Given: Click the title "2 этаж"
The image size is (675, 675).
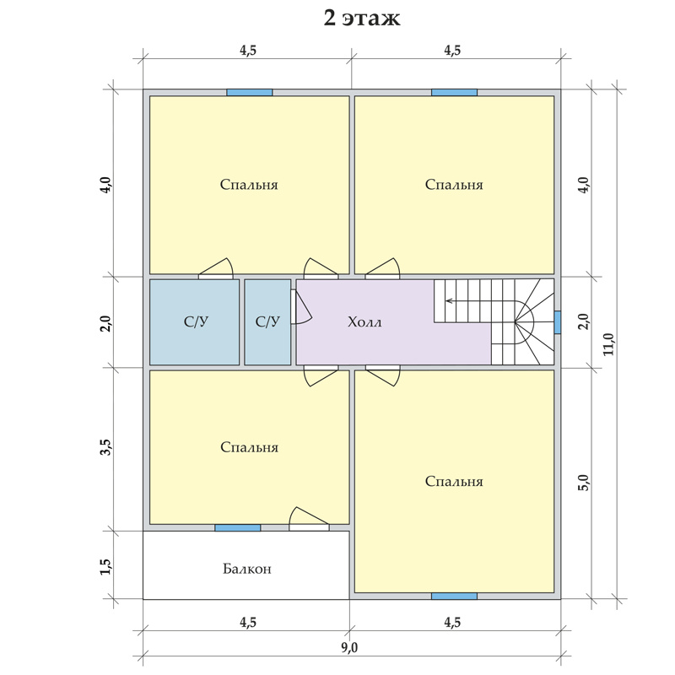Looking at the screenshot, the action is coord(362,18).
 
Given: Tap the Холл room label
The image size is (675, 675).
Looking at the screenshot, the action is coord(364,322).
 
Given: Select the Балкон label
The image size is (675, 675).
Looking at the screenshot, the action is coord(247,569).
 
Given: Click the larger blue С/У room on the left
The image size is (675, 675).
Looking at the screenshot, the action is coord(195,322).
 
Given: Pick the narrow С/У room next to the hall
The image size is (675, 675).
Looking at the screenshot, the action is coord(267,322).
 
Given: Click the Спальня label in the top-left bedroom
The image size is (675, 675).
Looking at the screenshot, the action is coord(249,185).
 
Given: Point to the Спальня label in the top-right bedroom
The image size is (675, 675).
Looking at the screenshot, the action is coord(454,185).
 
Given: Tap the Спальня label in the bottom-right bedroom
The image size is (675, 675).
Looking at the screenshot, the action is coord(454,481).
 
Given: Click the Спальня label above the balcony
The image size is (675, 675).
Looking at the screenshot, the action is coord(249,447).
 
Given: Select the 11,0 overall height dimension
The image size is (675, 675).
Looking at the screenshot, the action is coord(609,344).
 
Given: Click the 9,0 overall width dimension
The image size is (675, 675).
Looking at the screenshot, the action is coord(349,647).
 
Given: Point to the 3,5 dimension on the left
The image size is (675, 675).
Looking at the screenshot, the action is coord(106,447).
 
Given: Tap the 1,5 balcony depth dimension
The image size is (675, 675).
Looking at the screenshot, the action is coord(106,566).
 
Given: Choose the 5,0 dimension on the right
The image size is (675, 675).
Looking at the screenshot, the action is coord(583,483).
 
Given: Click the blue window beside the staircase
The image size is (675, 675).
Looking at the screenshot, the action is coord(558,322).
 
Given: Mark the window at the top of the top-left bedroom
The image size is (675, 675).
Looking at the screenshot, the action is coord(250,93).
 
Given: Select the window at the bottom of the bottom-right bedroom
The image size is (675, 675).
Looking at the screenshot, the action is coord(454,597).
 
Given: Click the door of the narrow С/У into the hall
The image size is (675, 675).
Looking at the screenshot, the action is coord(300,306).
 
